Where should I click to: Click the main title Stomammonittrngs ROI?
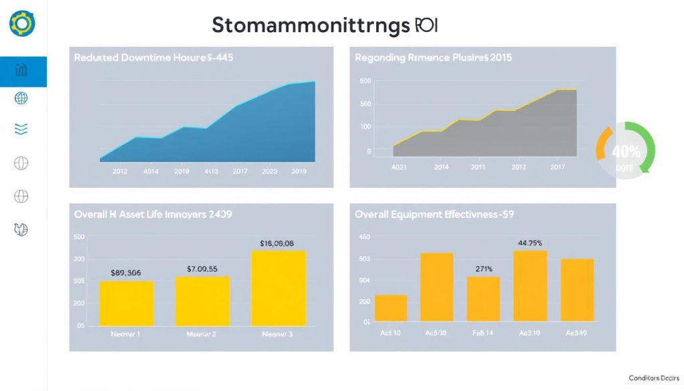[x=324, y=25]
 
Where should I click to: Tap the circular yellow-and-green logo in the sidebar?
[x=22, y=24]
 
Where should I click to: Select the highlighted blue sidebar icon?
[x=21, y=71]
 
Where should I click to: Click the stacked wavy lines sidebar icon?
[x=21, y=129]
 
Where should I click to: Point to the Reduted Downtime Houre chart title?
[x=153, y=58]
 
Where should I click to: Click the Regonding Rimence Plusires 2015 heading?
[x=434, y=58]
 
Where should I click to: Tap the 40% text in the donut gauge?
[x=626, y=152]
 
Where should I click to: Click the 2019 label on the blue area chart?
[x=299, y=171]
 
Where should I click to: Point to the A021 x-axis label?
[x=399, y=167]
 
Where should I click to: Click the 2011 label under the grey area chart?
[x=478, y=167]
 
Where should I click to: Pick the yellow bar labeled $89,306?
[x=126, y=303]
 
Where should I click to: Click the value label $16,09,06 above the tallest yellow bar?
[x=277, y=244]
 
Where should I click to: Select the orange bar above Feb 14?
[x=483, y=299]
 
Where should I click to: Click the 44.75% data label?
[x=530, y=243]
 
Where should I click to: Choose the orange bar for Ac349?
[x=577, y=289]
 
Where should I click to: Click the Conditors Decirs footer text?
[x=653, y=378]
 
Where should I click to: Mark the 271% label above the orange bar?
[x=484, y=269]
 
